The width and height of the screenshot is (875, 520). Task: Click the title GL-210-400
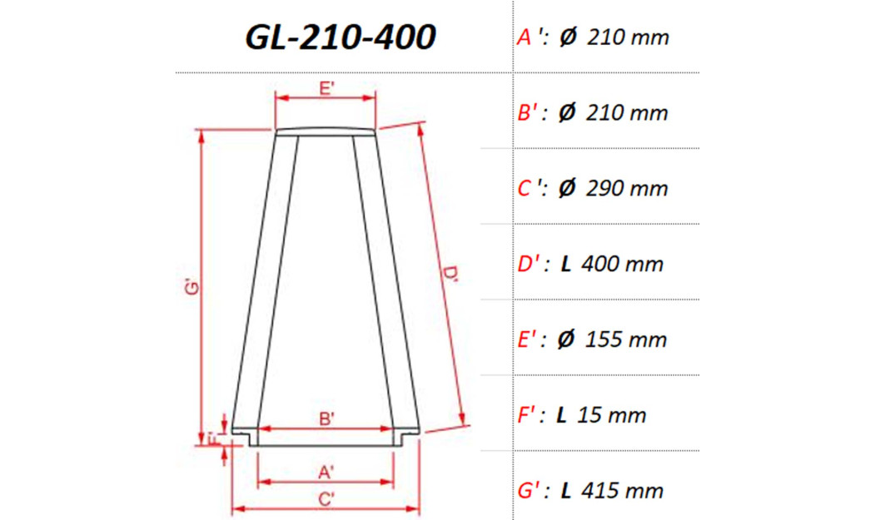coord(340,37)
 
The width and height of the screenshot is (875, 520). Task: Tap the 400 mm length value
coord(623,265)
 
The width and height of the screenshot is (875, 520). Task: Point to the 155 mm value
coord(626,340)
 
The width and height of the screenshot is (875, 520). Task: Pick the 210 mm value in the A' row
coord(627,37)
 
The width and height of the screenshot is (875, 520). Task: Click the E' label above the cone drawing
coord(327,88)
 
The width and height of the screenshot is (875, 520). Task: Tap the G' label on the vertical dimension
coord(192,288)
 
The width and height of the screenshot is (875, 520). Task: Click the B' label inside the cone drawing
coord(327,420)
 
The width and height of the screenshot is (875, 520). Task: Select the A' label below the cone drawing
coord(327,473)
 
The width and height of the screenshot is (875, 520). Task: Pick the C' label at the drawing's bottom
coord(327,499)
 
